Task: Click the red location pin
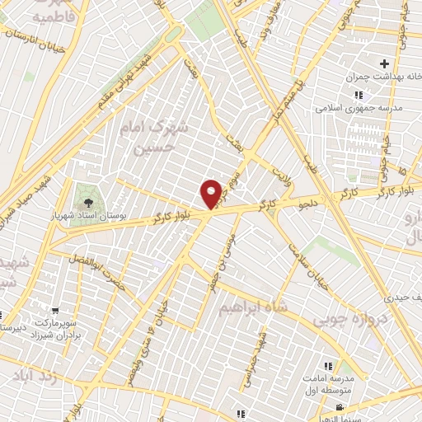point(211,194)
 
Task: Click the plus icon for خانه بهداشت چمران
point(383,63)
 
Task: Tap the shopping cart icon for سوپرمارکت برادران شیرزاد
point(55,312)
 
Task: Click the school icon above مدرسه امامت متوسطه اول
point(328,365)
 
